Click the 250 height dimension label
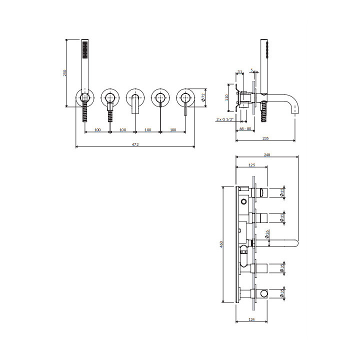coord(64,73)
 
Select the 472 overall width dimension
coord(135,144)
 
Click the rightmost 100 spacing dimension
coord(172,130)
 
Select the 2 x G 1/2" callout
coord(225,120)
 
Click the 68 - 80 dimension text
coord(245,129)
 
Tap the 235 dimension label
coord(265,137)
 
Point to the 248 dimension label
coord(266,155)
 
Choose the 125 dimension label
coord(251,164)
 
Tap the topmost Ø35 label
coord(282,192)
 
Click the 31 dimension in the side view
coord(240,72)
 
